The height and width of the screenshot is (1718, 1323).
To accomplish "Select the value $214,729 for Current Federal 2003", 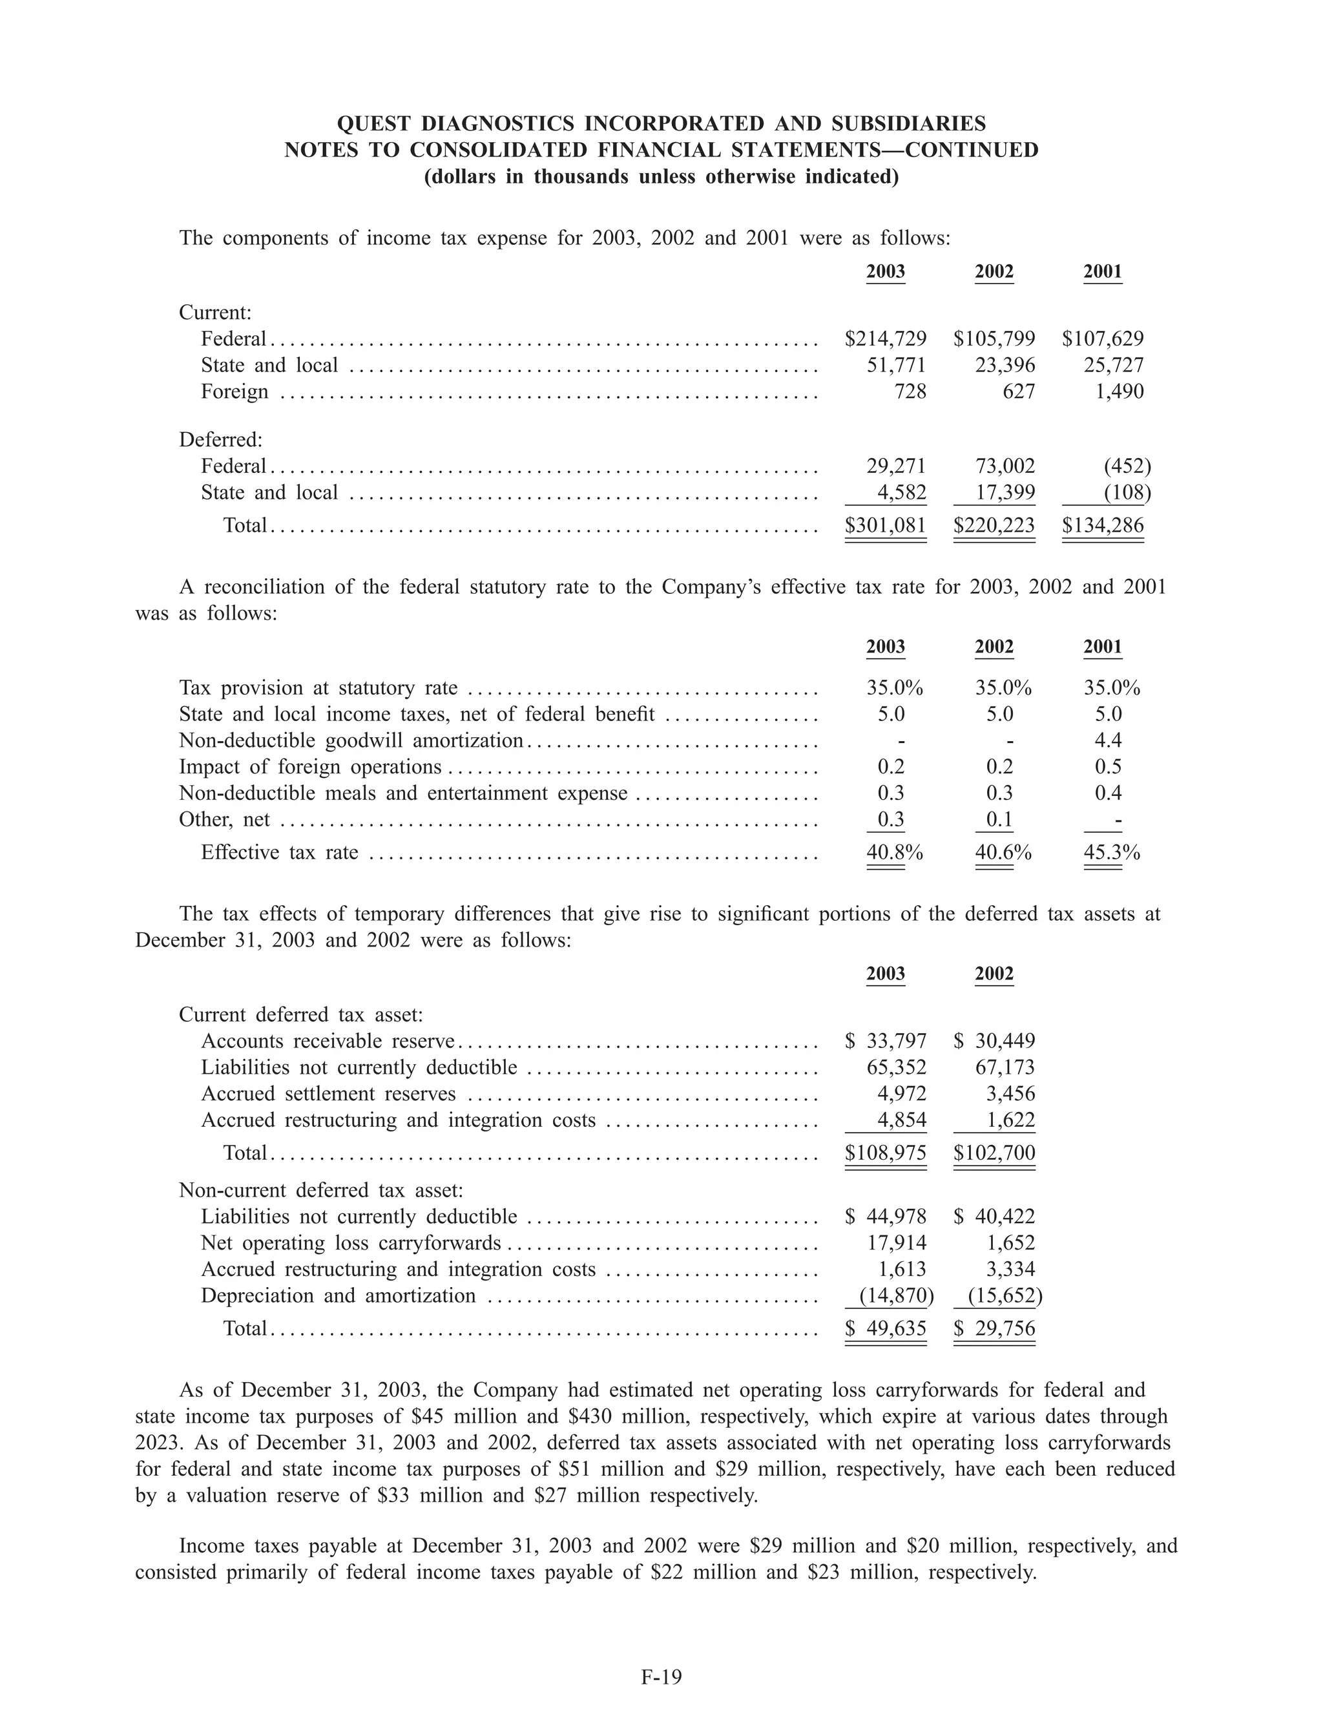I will (885, 339).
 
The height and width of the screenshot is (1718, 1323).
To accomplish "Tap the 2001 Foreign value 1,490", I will (1118, 392).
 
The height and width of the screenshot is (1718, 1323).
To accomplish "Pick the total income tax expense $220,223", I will (994, 525).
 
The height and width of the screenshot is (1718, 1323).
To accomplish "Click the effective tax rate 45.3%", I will (1111, 853).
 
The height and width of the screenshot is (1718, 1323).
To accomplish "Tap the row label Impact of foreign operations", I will (310, 767).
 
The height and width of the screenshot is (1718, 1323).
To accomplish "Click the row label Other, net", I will (224, 820).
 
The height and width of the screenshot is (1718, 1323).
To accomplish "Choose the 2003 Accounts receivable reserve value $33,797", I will (885, 1042).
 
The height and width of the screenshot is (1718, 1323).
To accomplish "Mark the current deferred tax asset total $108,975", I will (885, 1153).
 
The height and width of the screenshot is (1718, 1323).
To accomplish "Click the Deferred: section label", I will (220, 440).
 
